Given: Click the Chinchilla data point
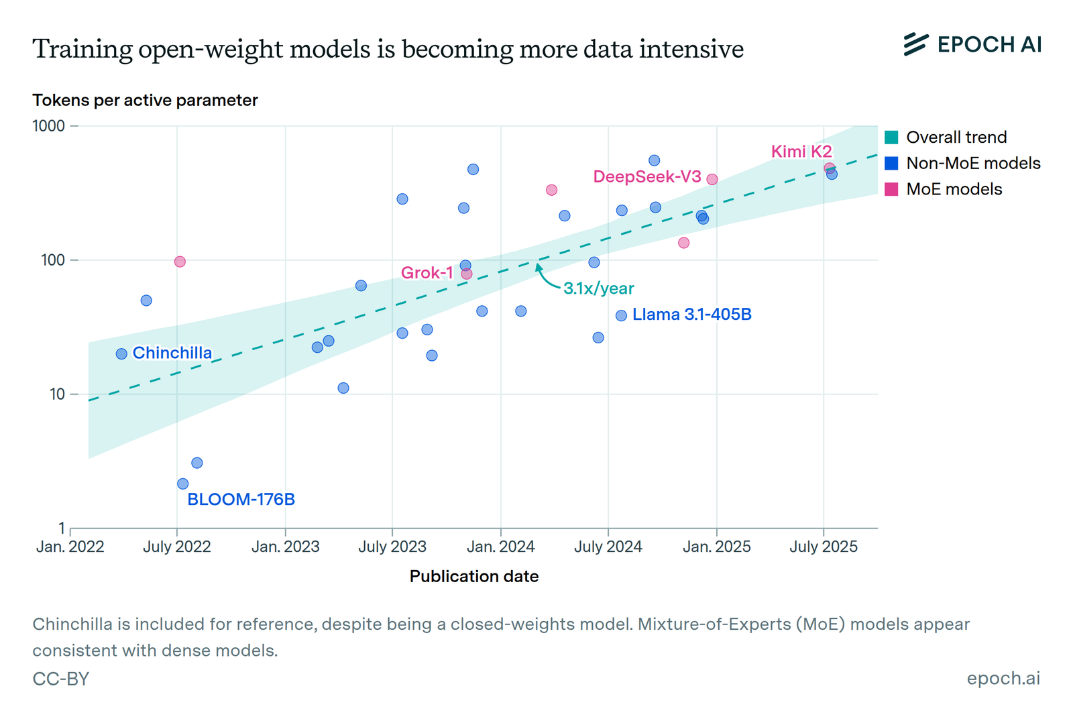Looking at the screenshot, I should tap(121, 354).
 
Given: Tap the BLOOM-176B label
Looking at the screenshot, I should tap(241, 500).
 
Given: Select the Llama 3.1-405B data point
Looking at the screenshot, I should tap(622, 315).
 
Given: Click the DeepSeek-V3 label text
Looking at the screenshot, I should tap(647, 177).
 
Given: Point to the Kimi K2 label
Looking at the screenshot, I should tap(801, 152).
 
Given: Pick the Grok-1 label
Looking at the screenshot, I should tap(427, 273).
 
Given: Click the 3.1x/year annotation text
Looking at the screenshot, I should tap(598, 288).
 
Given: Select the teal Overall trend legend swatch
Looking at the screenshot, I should tap(891, 137).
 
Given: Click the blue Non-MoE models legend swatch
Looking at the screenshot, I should tap(891, 164).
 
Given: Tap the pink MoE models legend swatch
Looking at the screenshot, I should tap(891, 189).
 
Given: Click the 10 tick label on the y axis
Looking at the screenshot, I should tap(57, 394).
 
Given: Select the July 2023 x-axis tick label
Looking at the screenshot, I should tap(392, 547).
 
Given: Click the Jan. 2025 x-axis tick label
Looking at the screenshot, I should tap(716, 547).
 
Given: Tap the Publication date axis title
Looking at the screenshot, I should tap(474, 577).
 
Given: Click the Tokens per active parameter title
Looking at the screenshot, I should tap(145, 101).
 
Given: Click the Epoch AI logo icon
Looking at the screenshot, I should tap(915, 44).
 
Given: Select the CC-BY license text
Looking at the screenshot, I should tap(61, 679).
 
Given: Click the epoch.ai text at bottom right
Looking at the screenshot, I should tap(1003, 679).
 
